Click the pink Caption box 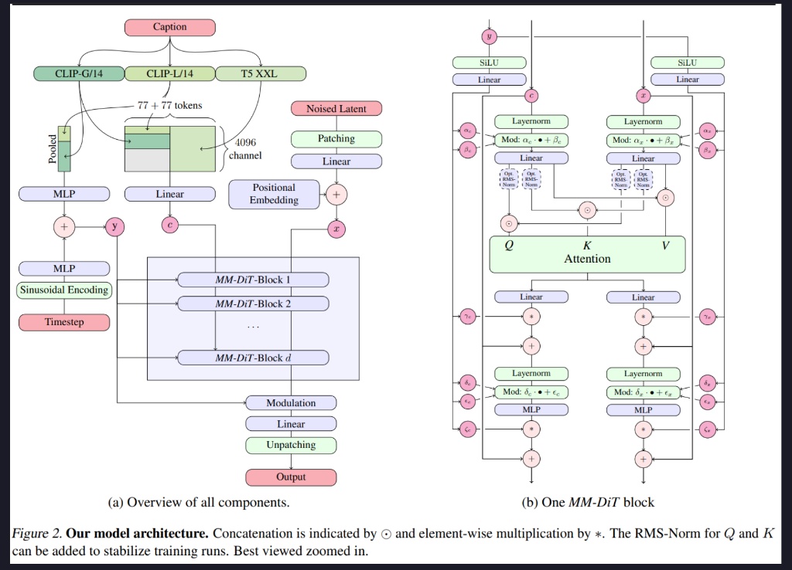tap(169, 27)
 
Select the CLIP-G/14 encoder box tap(79, 74)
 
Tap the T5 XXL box tap(261, 74)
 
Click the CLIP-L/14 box tap(169, 74)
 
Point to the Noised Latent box tap(336, 109)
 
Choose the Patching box tap(336, 139)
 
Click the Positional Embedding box tap(274, 194)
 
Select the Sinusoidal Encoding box tap(64, 291)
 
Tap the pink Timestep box tap(64, 321)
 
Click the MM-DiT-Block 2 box tap(253, 304)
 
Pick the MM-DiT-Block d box tap(253, 358)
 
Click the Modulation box tap(291, 403)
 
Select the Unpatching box tap(291, 446)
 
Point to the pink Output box tap(291, 477)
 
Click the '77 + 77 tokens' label tap(169, 105)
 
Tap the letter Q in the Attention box tap(508, 246)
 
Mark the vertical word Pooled tap(52, 148)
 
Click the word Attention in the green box tap(587, 260)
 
